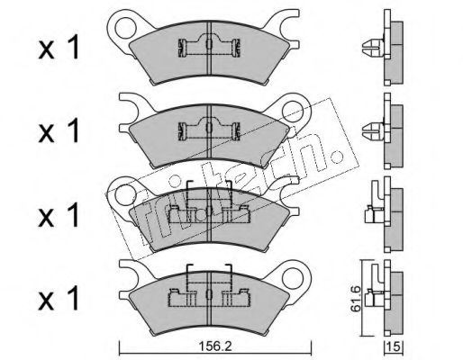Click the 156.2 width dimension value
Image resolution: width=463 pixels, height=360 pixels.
215,346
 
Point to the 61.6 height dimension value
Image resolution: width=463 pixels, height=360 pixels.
356,299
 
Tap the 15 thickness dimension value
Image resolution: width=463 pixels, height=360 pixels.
395,346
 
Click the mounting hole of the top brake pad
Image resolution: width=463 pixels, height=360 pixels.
125,28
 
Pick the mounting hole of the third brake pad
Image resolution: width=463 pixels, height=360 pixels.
125,194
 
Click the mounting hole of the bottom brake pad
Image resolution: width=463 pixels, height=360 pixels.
293,278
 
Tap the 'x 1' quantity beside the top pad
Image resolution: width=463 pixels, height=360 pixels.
59,48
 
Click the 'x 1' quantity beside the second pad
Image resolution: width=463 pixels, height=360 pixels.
59,130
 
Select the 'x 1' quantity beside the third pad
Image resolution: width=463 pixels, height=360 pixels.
59,214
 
